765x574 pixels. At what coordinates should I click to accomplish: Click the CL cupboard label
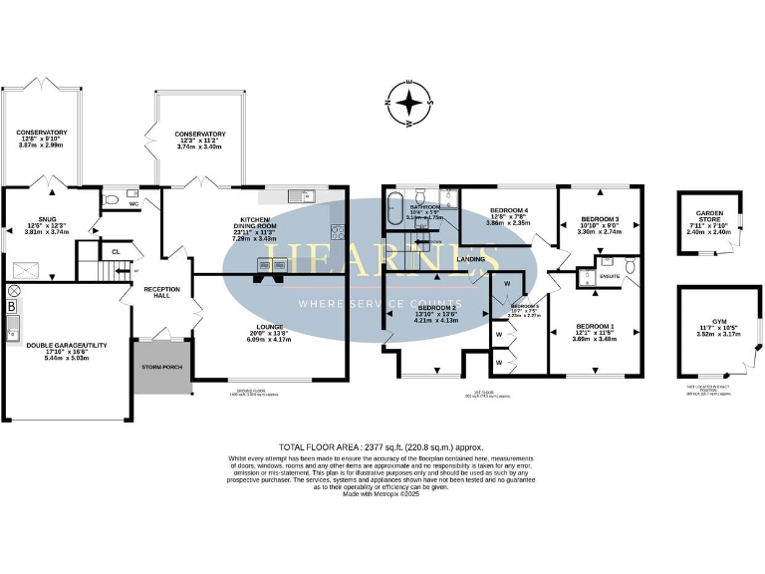pos(116,252)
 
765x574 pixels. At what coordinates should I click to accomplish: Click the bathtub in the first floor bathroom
pos(394,211)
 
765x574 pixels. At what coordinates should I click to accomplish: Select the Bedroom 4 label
pos(508,211)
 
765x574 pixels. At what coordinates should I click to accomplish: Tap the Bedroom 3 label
pos(600,218)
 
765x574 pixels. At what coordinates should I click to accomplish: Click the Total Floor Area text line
pos(382,446)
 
